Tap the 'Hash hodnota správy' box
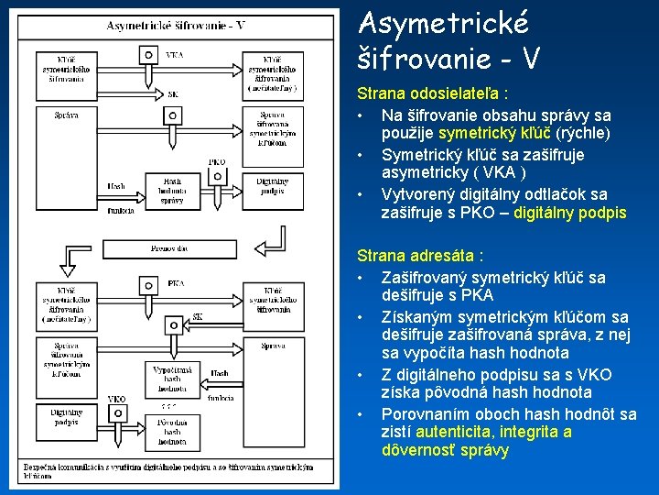point(171,191)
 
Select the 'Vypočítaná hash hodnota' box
point(171,376)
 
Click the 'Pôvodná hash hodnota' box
point(171,431)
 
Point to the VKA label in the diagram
point(174,55)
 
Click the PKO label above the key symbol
point(217,162)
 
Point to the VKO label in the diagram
point(116,399)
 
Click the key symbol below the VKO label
point(116,414)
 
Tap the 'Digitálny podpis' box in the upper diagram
point(272,186)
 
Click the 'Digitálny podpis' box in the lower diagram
point(66,417)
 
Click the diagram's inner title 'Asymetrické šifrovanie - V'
point(176,26)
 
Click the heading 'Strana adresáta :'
point(420,255)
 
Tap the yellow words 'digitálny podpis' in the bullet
point(570,213)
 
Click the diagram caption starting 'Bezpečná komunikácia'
point(169,471)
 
